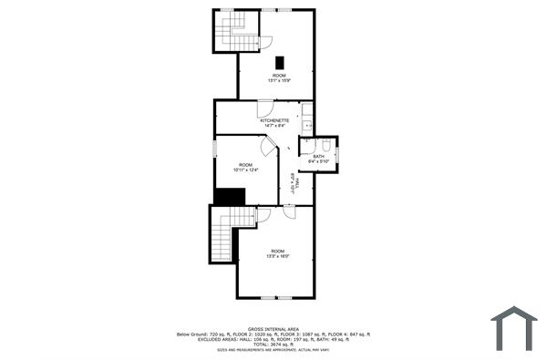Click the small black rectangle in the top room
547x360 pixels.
pos(278,62)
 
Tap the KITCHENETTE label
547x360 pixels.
pos(274,120)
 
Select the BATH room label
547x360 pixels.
pos(318,156)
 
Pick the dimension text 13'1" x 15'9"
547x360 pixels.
pos(278,80)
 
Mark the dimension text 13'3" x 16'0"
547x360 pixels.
pos(277,256)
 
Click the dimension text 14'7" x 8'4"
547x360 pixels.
pos(274,126)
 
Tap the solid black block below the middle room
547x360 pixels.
pos(230,197)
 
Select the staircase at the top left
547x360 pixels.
pos(235,32)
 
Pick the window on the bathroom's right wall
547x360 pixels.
pos(337,154)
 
